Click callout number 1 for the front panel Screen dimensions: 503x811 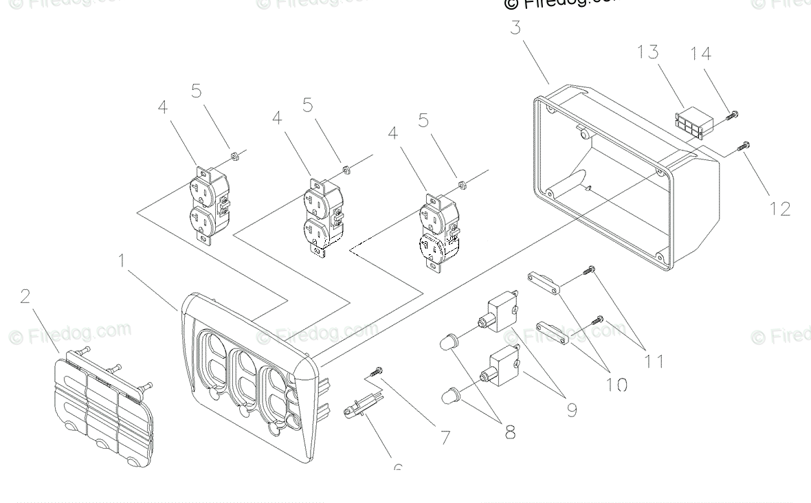121,261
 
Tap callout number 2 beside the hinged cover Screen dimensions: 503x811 25,296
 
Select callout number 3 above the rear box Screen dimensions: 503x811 515,28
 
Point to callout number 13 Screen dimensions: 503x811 647,52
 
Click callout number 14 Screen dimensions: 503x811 701,54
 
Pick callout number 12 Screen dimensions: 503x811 780,208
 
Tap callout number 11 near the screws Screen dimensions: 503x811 654,360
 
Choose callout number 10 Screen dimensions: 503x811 616,384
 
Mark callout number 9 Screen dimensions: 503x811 571,410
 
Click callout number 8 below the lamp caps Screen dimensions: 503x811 510,433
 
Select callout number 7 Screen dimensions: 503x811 445,437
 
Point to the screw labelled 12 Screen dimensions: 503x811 744,145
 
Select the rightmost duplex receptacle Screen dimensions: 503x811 438,232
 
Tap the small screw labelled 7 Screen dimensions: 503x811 375,372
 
